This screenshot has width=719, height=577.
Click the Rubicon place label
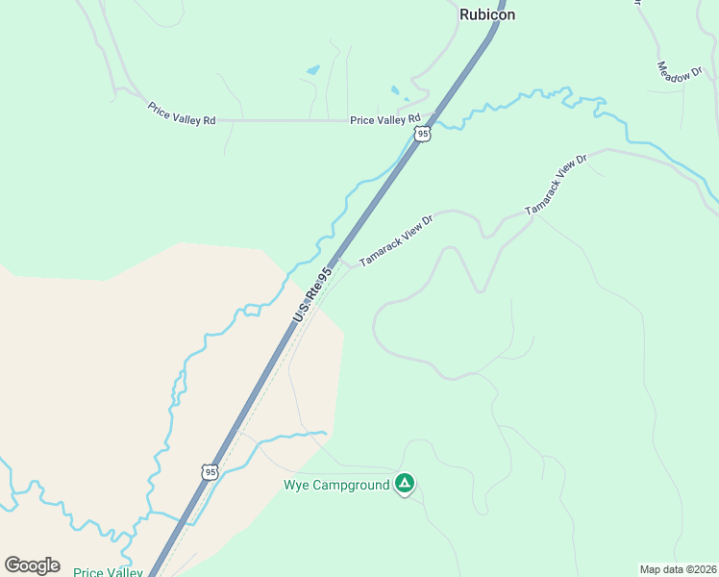click(x=487, y=14)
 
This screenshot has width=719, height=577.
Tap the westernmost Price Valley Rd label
click(x=182, y=112)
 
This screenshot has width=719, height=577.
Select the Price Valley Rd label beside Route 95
click(x=385, y=120)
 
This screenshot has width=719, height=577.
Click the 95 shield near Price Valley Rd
click(x=423, y=134)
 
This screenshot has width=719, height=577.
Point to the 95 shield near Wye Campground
click(x=211, y=471)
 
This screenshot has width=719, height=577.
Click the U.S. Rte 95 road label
click(x=312, y=294)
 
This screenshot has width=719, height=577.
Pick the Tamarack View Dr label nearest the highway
click(x=397, y=240)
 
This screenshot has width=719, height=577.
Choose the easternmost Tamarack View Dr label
click(x=556, y=184)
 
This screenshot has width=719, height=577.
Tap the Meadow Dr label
click(x=681, y=72)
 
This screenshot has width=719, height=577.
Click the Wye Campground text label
click(x=336, y=485)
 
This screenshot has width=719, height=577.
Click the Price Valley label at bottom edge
click(x=108, y=572)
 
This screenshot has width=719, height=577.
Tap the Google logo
click(x=32, y=565)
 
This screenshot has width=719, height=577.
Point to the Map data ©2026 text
click(x=678, y=569)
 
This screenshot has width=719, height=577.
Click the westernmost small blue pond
click(x=312, y=70)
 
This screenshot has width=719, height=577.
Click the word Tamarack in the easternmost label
click(x=543, y=193)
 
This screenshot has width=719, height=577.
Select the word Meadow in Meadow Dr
click(x=673, y=67)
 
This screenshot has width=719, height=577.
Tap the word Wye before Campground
click(x=294, y=485)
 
